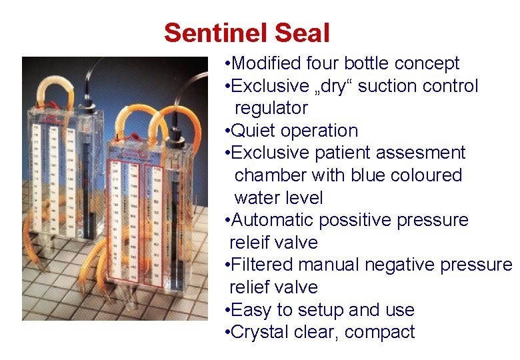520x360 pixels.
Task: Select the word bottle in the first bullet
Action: [364, 63]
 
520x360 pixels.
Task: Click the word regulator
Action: [271, 108]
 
